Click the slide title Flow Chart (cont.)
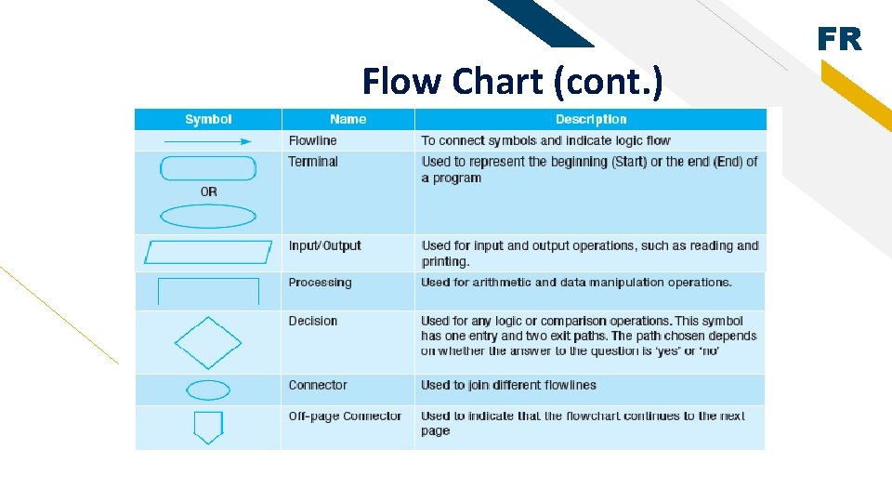coord(512,82)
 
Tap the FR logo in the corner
coord(839,40)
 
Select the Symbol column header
coord(208,119)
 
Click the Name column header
coord(348,119)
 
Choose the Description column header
coord(591,119)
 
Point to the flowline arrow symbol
coord(208,141)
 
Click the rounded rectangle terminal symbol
coord(208,168)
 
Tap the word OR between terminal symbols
coord(208,192)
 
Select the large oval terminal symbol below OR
coord(208,217)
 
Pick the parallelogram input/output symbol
coord(208,252)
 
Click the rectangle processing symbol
coord(208,290)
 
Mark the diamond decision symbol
coord(208,343)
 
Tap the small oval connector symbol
coord(208,390)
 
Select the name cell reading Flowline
coord(312,141)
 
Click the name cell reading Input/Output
coord(324,245)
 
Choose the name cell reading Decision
coord(312,321)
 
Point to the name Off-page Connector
coord(345,416)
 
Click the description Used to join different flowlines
coord(508,385)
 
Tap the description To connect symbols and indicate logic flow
coord(545,141)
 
